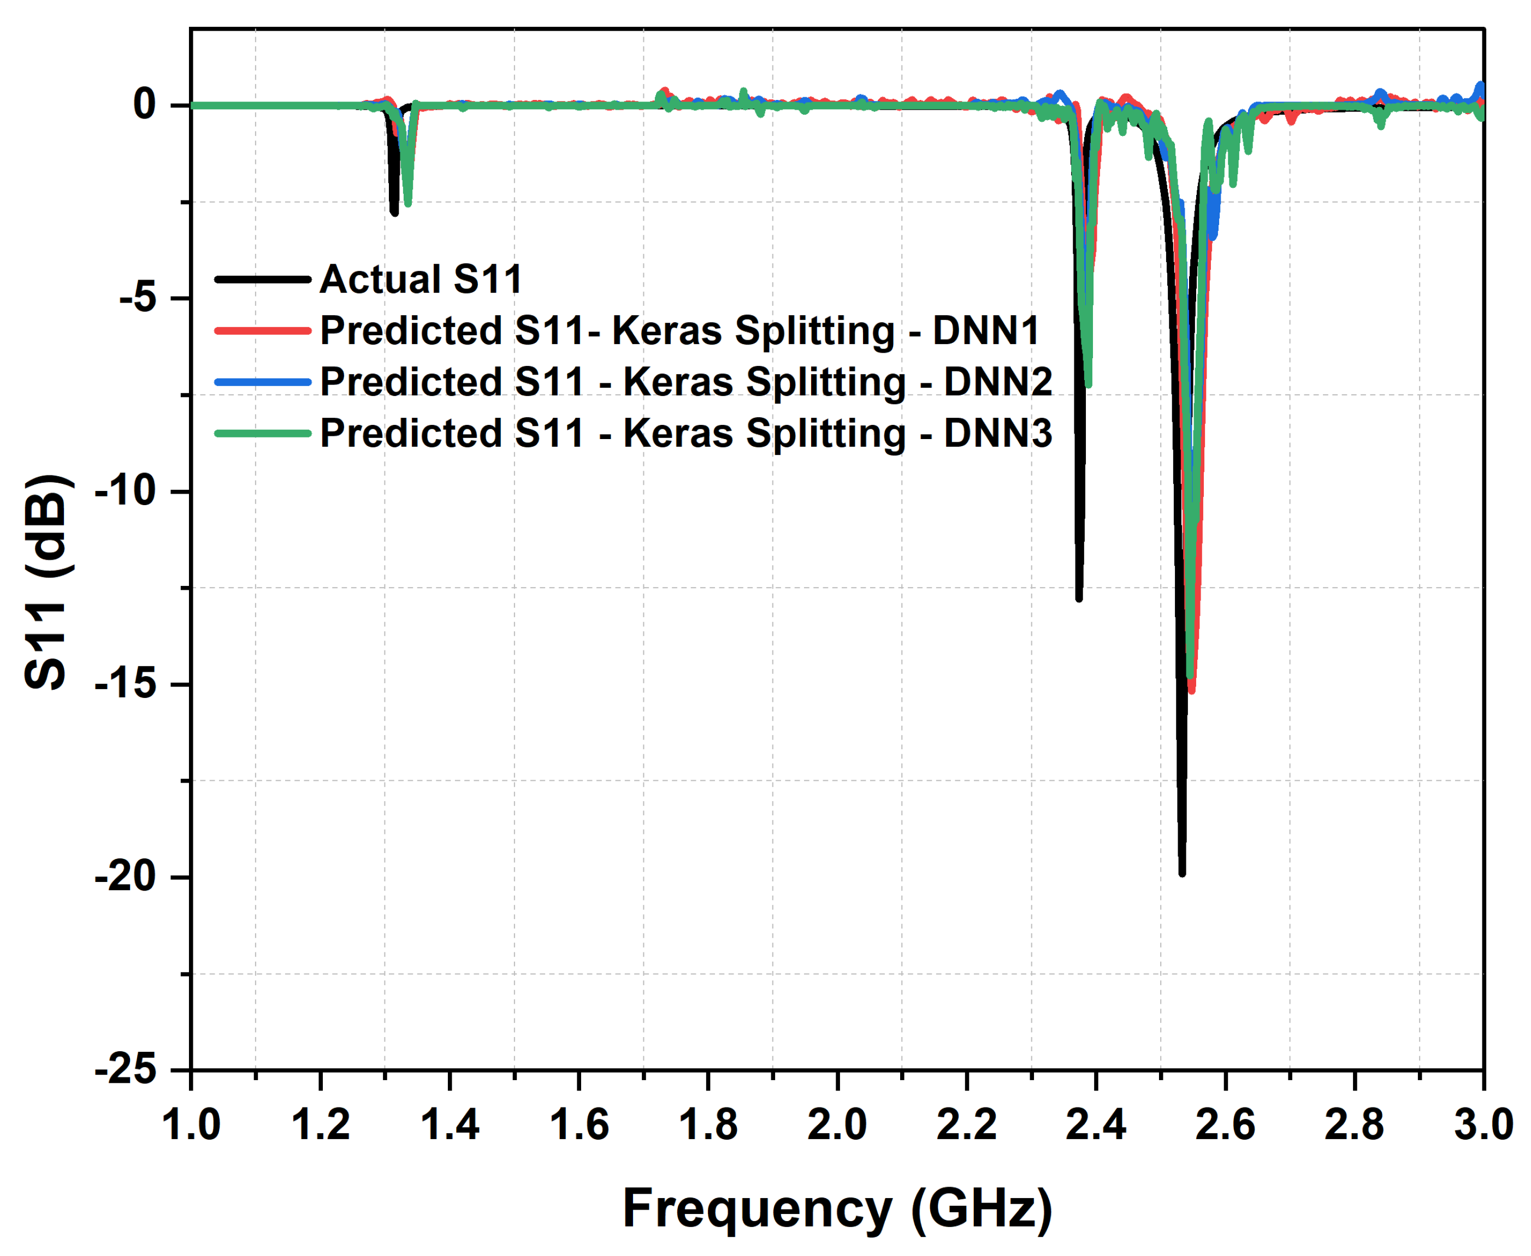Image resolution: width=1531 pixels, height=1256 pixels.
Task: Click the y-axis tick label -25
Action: pos(126,1069)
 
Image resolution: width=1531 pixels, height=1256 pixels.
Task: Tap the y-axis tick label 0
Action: pos(144,104)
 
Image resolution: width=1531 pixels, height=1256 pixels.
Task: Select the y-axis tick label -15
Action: pos(126,683)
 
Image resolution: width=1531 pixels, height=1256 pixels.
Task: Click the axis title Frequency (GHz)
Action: pos(837,1209)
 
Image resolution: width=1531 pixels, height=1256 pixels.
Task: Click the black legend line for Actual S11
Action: pos(263,279)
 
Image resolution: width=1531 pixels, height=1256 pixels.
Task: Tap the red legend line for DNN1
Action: pos(263,330)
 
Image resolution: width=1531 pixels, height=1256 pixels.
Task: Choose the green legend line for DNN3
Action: pos(263,434)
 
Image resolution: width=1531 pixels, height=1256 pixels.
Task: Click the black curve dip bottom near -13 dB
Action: pos(1079,597)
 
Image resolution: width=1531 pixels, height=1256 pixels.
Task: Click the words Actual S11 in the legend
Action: pos(421,279)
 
